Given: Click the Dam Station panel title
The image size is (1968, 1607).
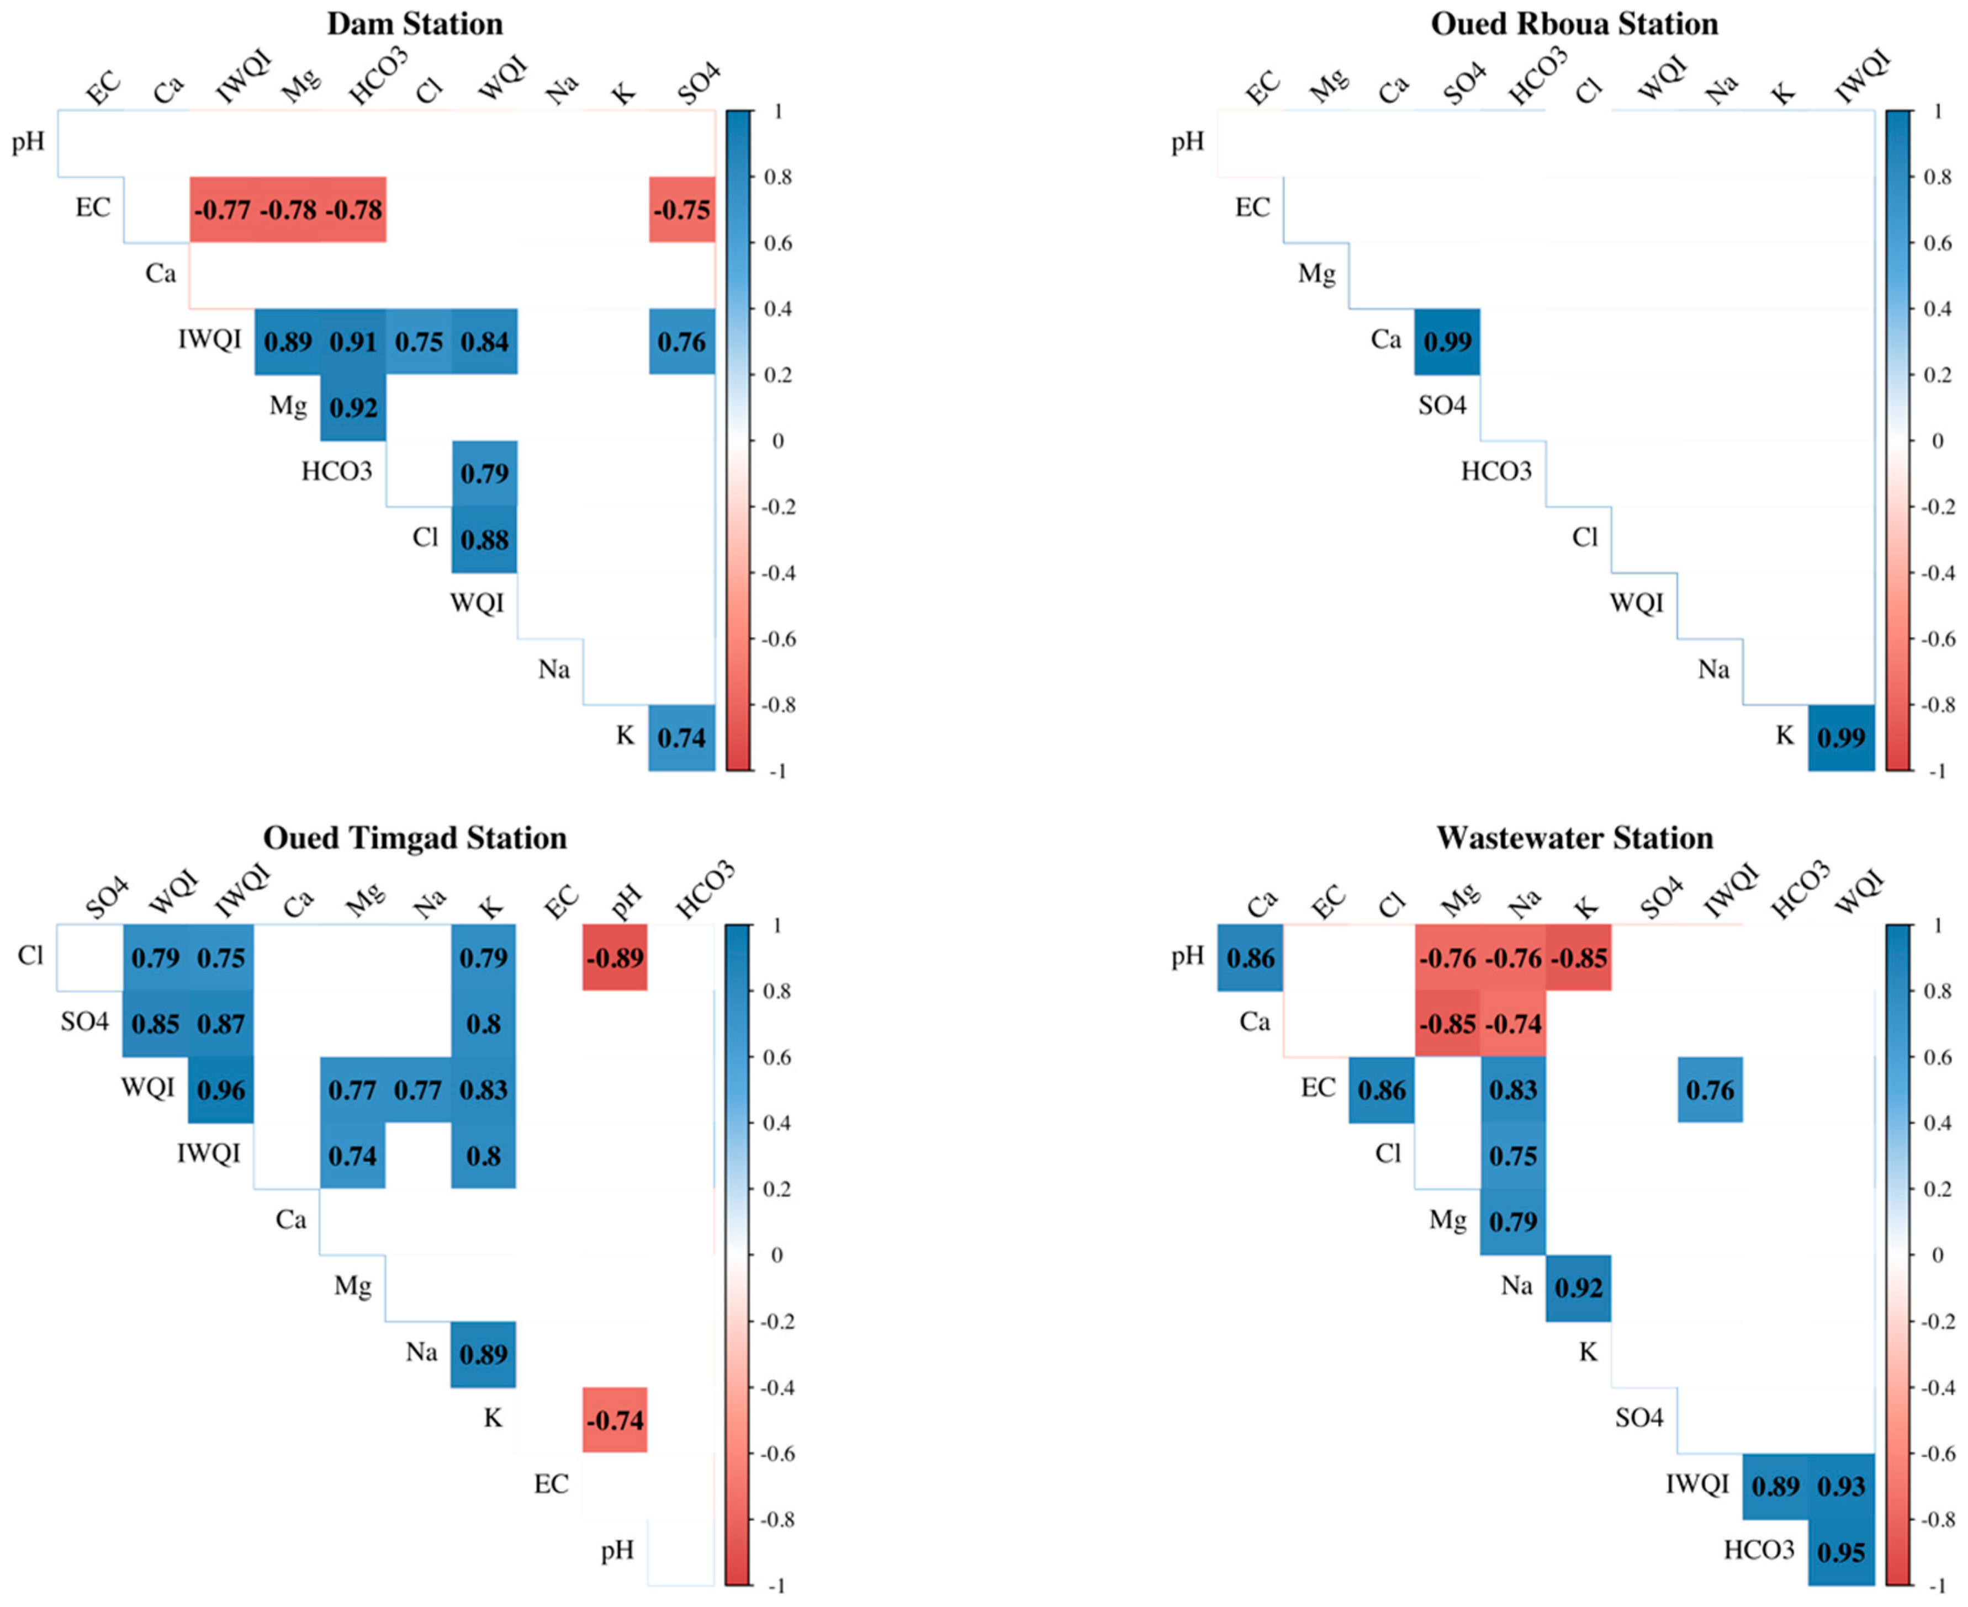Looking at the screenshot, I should tap(414, 23).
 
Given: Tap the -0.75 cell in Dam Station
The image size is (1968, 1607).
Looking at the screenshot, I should tap(681, 210).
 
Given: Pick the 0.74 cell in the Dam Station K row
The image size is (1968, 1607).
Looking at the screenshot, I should tap(681, 738).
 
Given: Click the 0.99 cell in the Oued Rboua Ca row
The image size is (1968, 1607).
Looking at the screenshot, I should tap(1447, 342).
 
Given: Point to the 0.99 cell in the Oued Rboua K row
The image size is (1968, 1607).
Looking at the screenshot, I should tap(1841, 738).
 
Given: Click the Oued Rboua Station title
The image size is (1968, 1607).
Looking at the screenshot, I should tap(1574, 23).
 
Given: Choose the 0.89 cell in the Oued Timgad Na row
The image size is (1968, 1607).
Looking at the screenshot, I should tap(483, 1354).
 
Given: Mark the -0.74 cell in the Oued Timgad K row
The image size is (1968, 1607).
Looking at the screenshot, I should tap(615, 1420).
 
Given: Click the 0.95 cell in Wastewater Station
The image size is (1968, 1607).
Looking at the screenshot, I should tap(1841, 1552).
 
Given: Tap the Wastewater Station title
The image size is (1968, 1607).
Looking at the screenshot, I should tap(1574, 838).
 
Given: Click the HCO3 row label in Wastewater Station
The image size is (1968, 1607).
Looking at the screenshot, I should tap(1758, 1550).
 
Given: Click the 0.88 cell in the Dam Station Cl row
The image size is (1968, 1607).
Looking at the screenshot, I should tap(484, 540).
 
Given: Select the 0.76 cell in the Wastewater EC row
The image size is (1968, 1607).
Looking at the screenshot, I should tap(1710, 1089).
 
